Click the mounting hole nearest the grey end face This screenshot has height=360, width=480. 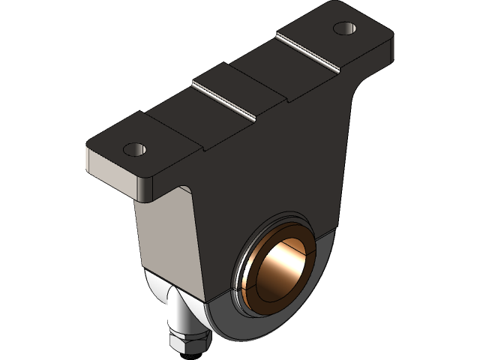(x=135, y=149)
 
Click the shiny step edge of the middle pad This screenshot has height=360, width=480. (x=223, y=102)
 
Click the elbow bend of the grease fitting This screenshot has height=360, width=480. (x=178, y=300)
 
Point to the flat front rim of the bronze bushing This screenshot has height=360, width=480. (x=255, y=277)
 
